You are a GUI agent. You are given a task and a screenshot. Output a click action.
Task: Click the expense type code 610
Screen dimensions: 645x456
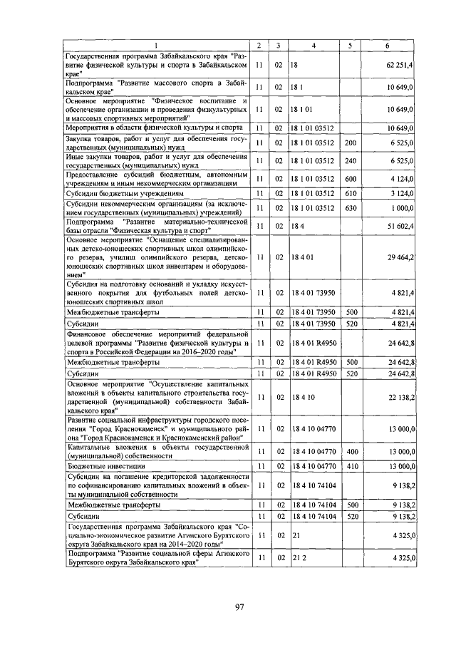pyautogui.click(x=350, y=193)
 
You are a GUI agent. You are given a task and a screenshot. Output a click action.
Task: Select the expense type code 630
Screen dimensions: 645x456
pyautogui.click(x=350, y=207)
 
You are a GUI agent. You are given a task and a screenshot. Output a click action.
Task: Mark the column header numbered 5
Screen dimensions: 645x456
pyautogui.click(x=350, y=46)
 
